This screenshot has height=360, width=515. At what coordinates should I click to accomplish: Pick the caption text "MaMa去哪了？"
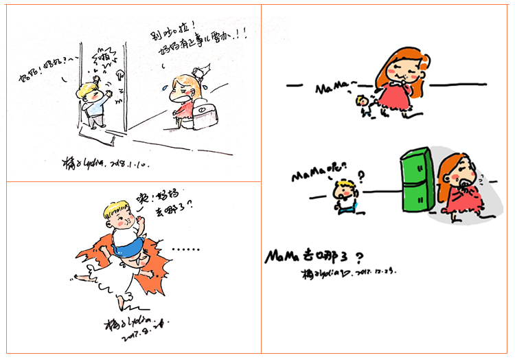pyautogui.click(x=312, y=257)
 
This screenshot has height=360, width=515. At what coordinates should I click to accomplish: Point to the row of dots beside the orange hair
pyautogui.click(x=186, y=249)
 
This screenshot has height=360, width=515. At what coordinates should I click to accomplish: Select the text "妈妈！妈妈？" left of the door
pyautogui.click(x=45, y=76)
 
